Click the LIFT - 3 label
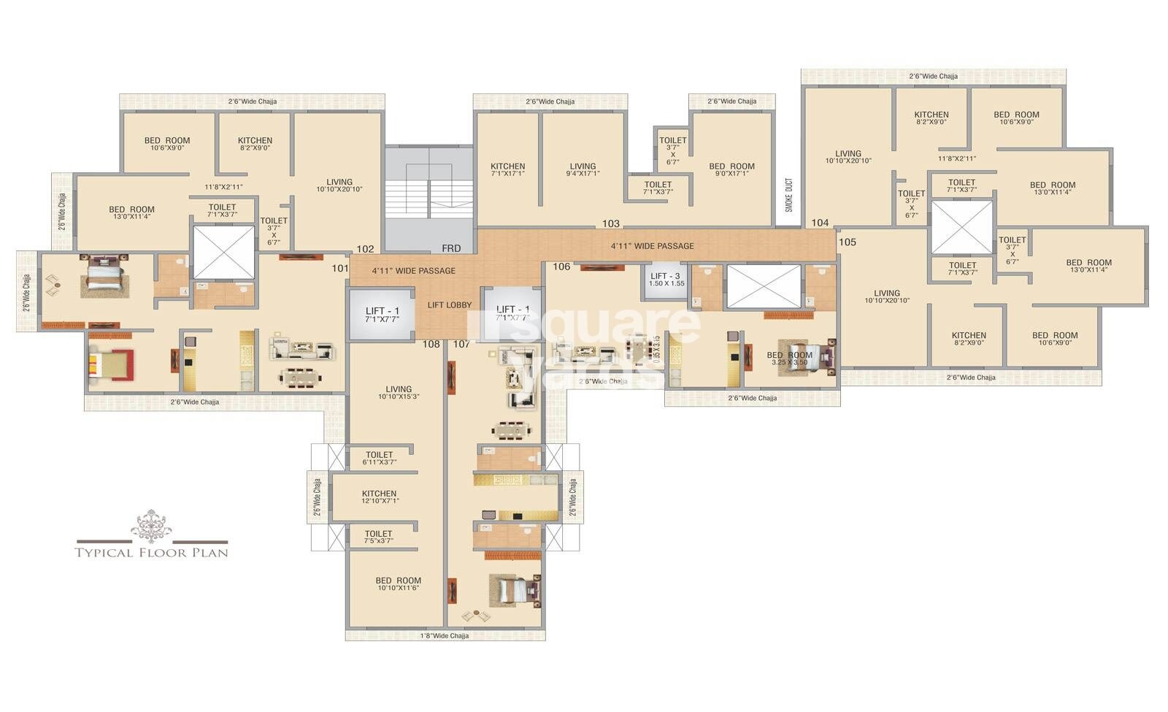pyautogui.click(x=666, y=277)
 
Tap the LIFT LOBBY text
pyautogui.click(x=449, y=305)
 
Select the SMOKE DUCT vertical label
pyautogui.click(x=788, y=195)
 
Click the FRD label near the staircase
pyautogui.click(x=451, y=249)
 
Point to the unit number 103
pyautogui.click(x=611, y=223)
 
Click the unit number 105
pyautogui.click(x=848, y=242)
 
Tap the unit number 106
pyautogui.click(x=561, y=267)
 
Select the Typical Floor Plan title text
pyautogui.click(x=152, y=553)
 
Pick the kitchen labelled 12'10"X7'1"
pyautogui.click(x=379, y=497)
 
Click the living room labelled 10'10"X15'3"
pyautogui.click(x=399, y=393)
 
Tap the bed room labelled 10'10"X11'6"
pyautogui.click(x=398, y=584)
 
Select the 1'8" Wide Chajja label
pyautogui.click(x=445, y=635)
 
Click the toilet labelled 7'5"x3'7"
pyautogui.click(x=379, y=537)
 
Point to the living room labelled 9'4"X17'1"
pyautogui.click(x=583, y=169)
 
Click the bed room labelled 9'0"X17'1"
pyautogui.click(x=731, y=169)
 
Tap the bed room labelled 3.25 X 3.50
pyautogui.click(x=789, y=358)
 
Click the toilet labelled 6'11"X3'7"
pyautogui.click(x=379, y=458)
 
